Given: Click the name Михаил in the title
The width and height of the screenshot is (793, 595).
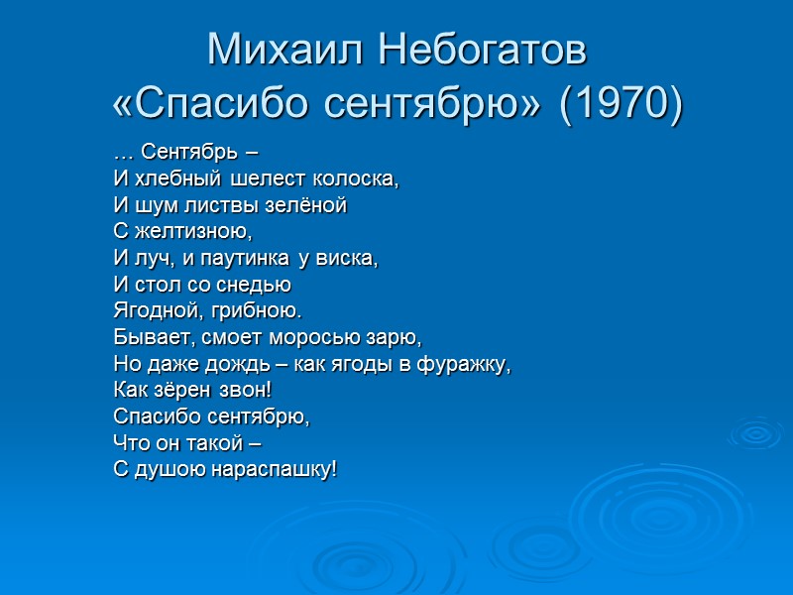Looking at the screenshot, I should pyautogui.click(x=288, y=50).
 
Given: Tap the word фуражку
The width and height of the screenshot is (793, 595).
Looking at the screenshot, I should pyautogui.click(x=470, y=362).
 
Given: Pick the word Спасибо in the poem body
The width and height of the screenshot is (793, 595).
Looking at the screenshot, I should pyautogui.click(x=155, y=415).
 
